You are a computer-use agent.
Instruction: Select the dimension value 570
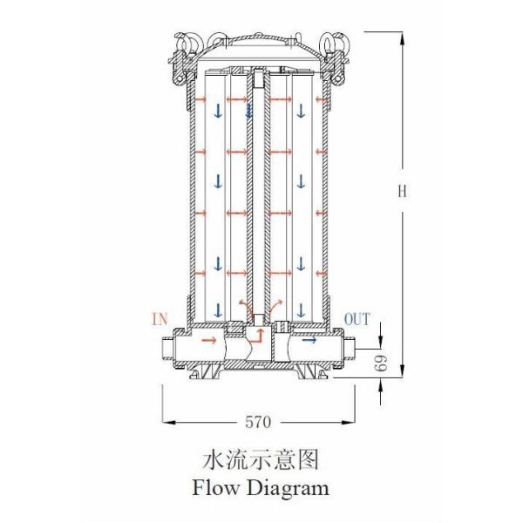click(258, 422)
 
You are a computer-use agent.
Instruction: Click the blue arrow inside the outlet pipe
click(308, 341)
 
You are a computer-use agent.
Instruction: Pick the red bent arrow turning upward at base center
click(258, 334)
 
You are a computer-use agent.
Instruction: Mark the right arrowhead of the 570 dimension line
click(351, 422)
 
